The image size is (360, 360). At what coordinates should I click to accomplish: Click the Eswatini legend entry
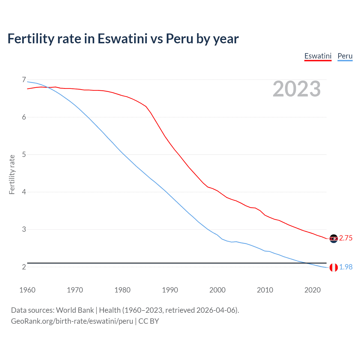point(318,56)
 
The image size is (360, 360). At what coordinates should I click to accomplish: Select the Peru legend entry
point(345,56)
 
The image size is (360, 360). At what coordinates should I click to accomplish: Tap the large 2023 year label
point(297,89)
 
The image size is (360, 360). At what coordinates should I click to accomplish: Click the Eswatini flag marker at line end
point(334,238)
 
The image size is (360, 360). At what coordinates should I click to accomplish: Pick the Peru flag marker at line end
point(334,267)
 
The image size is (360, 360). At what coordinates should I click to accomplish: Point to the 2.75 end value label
point(346,238)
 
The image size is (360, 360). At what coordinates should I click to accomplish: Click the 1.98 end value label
point(346,267)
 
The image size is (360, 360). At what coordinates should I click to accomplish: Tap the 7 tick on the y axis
point(24,80)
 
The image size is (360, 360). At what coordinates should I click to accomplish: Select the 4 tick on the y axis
point(24,192)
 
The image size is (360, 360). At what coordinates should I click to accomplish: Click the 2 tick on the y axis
point(24,267)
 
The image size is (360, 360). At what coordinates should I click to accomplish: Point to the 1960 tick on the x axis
point(27,290)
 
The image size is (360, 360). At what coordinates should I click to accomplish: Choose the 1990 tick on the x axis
point(170,290)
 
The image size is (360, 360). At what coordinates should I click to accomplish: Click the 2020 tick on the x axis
point(312,290)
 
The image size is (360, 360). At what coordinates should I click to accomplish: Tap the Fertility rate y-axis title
point(12,174)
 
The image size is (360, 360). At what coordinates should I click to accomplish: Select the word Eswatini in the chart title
point(122,39)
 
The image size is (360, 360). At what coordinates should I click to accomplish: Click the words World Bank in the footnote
point(75,310)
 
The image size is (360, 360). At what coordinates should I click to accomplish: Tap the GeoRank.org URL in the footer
point(72,321)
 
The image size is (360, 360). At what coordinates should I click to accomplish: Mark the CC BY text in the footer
point(149,321)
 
